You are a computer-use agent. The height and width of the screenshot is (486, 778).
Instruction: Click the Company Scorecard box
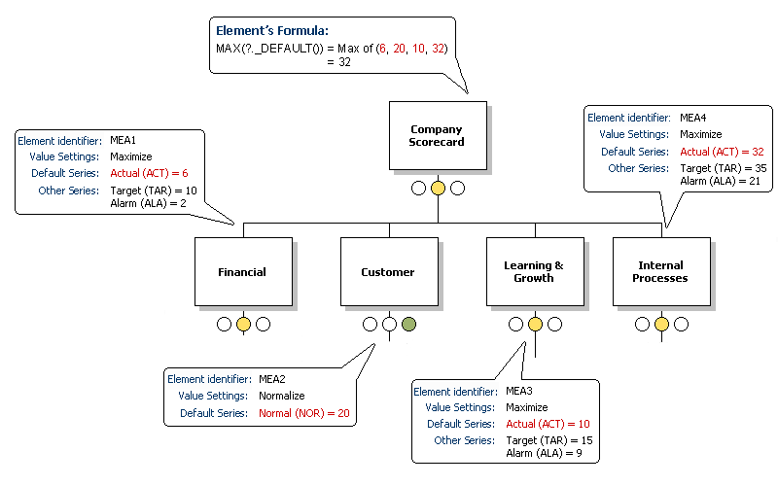(x=437, y=135)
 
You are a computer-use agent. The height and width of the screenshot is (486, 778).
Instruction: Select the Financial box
(x=242, y=272)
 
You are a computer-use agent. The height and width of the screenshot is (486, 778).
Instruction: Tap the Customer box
(x=388, y=272)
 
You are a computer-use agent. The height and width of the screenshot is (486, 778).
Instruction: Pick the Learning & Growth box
(x=534, y=271)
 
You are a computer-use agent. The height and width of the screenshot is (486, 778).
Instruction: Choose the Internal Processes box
(x=661, y=271)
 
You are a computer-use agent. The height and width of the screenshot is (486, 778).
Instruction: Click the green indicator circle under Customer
(x=408, y=325)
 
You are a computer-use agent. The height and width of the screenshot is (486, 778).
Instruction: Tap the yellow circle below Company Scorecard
(x=438, y=188)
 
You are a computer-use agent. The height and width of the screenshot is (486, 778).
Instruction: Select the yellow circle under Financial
(x=243, y=325)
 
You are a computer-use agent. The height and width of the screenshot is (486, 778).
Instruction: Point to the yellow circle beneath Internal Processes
(x=661, y=325)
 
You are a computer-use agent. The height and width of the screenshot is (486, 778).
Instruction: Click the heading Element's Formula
(x=272, y=31)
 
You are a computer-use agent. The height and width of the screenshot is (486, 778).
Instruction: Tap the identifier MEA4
(x=693, y=118)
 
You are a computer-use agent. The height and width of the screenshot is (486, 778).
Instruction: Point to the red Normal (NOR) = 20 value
(x=303, y=412)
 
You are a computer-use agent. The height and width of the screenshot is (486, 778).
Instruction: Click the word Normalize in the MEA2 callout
(x=282, y=396)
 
